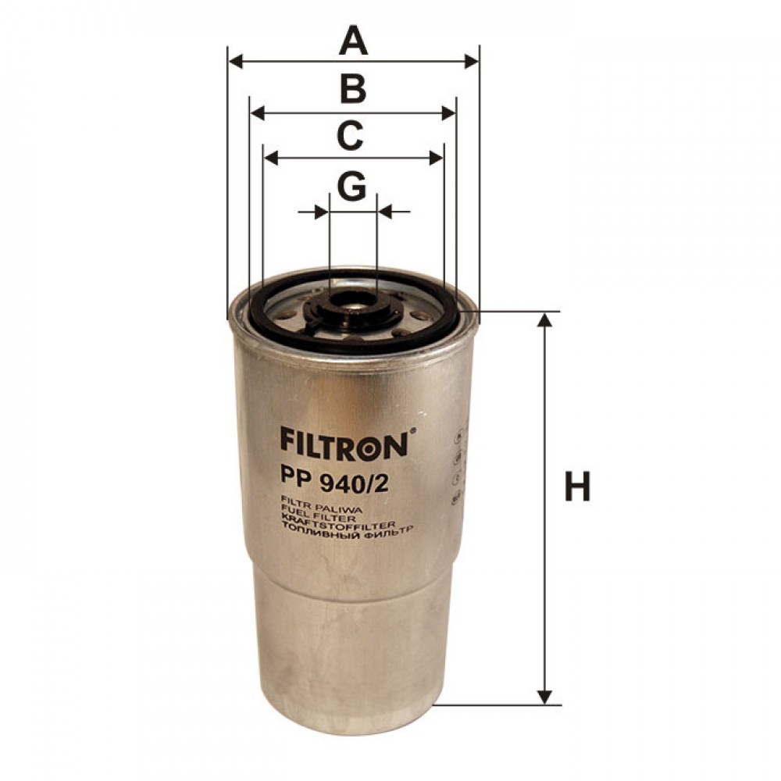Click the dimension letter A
pos(353,41)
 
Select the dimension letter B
pos(353,90)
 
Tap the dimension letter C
pos(349,135)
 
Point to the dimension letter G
pos(351,186)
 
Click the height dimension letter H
pos(577,487)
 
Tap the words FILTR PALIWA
pos(314,508)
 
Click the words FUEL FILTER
pos(317,516)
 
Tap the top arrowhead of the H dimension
pos(547,322)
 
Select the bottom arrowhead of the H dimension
pos(547,695)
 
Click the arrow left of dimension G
pos(319,211)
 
